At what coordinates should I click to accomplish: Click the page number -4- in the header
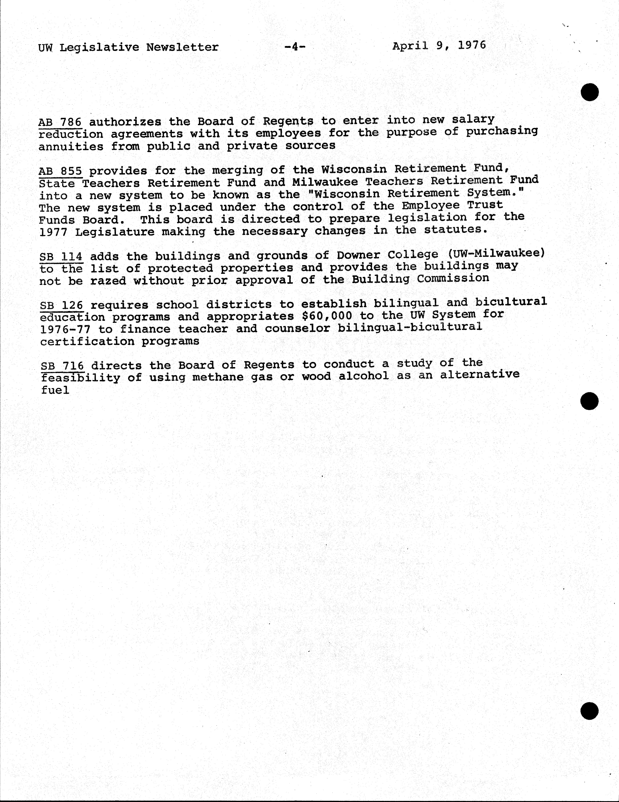pos(295,47)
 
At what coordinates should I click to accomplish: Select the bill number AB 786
pos(60,122)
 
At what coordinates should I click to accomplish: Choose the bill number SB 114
pos(61,256)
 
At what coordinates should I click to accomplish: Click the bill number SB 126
pos(61,305)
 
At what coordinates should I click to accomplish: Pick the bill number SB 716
pos(62,366)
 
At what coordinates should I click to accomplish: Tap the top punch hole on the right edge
pos(590,92)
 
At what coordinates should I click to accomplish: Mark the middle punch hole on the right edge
pos(589,401)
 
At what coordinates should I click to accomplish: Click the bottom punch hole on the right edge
pos(589,711)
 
